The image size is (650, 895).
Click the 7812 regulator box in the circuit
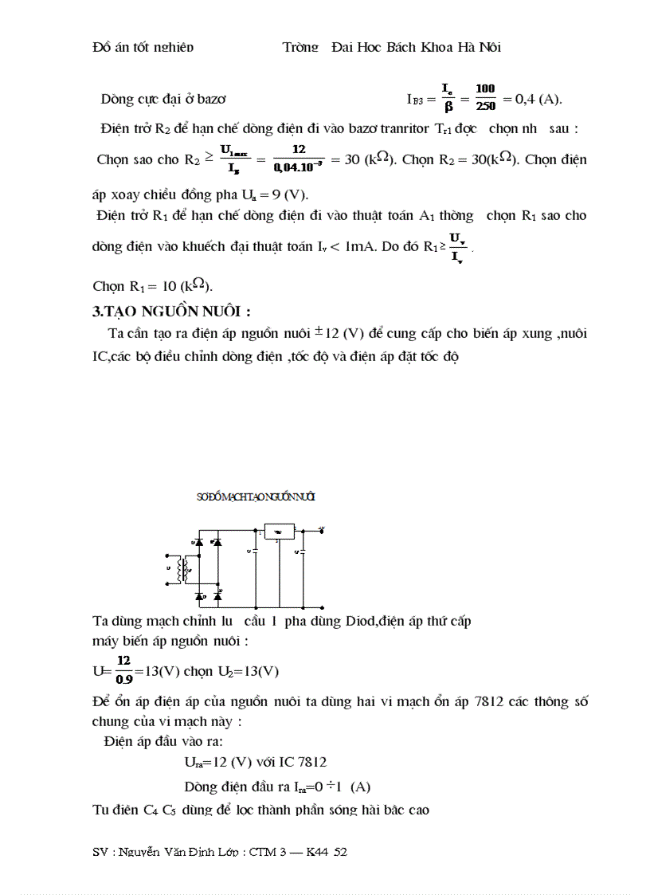[x=278, y=531]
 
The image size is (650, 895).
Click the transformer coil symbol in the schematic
[x=184, y=568]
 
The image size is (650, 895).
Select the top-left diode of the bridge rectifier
[x=198, y=542]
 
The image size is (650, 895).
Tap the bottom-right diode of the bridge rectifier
[x=217, y=596]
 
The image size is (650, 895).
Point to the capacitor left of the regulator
[x=254, y=550]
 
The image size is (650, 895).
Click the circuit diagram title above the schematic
[x=255, y=497]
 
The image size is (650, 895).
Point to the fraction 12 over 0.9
[x=123, y=670]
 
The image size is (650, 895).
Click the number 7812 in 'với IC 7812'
[x=311, y=762]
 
